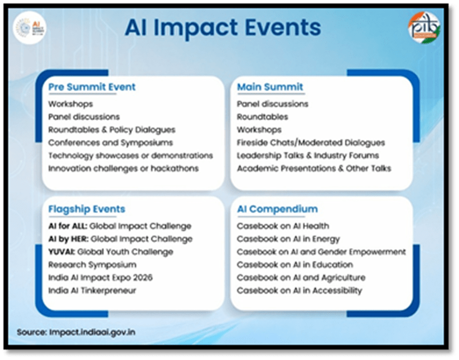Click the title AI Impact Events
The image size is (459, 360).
tap(223, 28)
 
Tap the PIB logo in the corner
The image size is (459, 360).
tap(424, 27)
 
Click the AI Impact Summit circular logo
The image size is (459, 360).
tap(30, 28)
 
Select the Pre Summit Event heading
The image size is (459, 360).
tap(92, 87)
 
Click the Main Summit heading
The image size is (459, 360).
tap(270, 87)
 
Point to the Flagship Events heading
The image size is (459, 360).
tap(86, 209)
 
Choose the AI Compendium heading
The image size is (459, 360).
tap(277, 209)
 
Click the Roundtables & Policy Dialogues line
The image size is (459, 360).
tap(112, 129)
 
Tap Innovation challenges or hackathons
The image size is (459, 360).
tap(123, 168)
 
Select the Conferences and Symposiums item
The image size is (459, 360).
tap(110, 143)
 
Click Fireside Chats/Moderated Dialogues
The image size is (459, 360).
tap(311, 143)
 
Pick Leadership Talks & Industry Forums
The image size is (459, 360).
tap(308, 155)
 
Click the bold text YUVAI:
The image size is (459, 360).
tap(62, 252)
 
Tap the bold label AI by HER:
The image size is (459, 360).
tap(69, 239)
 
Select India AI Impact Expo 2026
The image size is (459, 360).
tap(100, 278)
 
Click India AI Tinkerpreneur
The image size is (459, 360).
tap(92, 290)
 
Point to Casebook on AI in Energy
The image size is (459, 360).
tap(288, 239)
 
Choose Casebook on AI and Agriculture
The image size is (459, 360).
tap(301, 278)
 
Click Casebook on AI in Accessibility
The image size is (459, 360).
tap(299, 290)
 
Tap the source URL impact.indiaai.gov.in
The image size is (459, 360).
tap(92, 332)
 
